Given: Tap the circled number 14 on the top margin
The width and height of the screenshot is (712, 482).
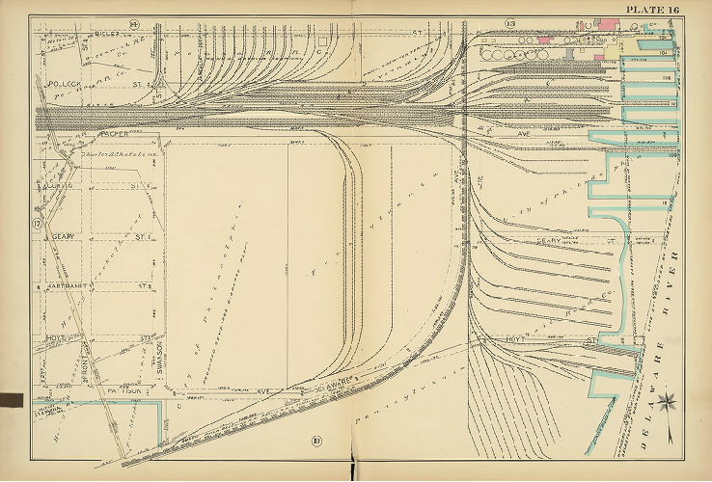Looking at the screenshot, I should pos(134,22).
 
